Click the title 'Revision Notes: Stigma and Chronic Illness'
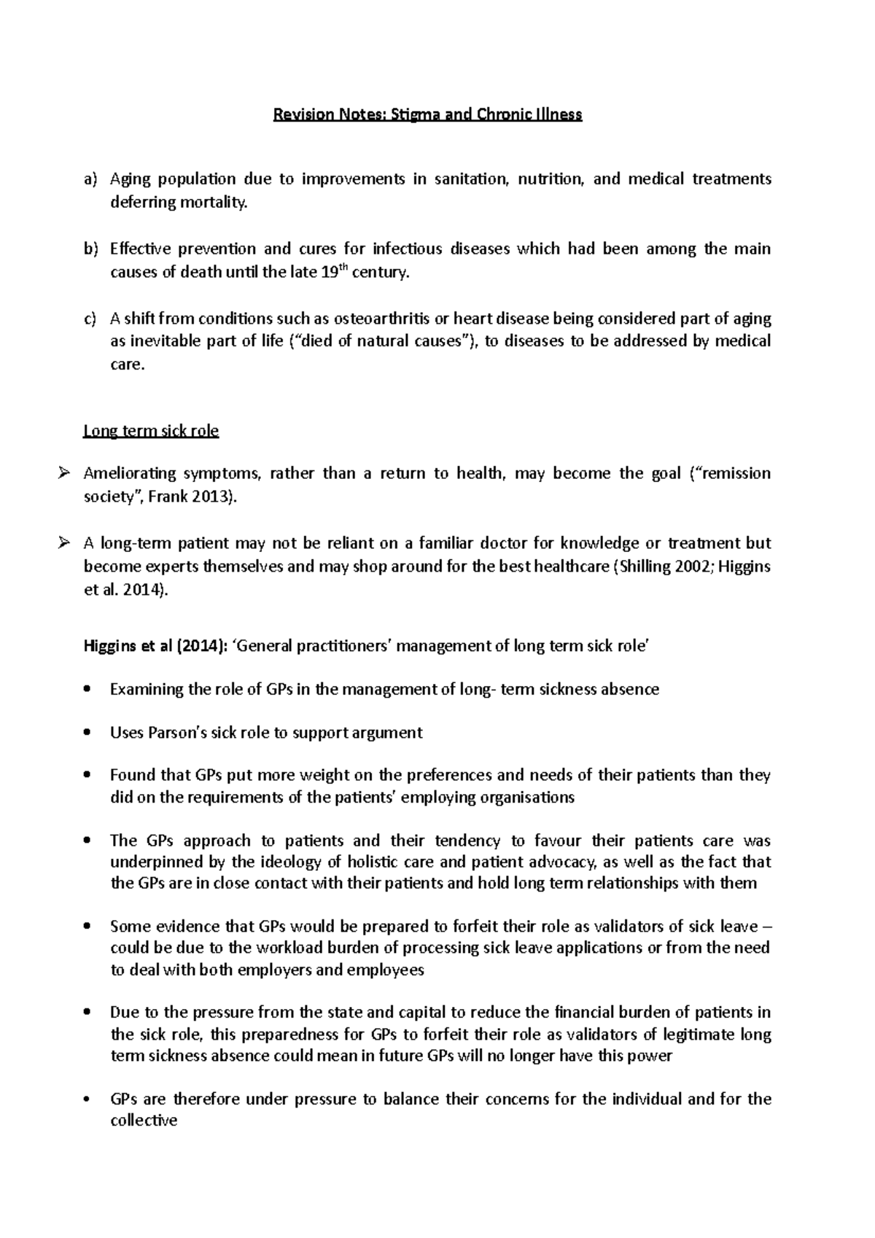[427, 114]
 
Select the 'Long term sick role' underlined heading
[151, 431]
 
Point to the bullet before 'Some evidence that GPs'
[88, 927]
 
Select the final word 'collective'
[144, 1121]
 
